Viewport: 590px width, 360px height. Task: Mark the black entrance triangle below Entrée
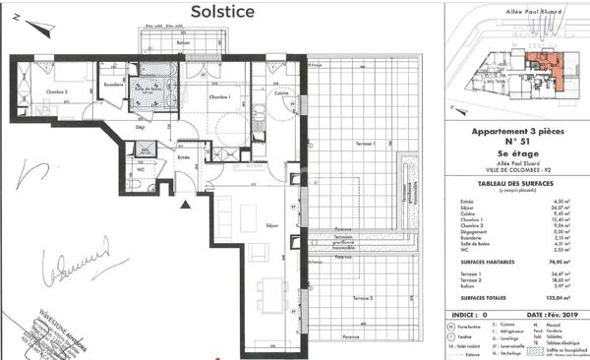click(185, 205)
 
